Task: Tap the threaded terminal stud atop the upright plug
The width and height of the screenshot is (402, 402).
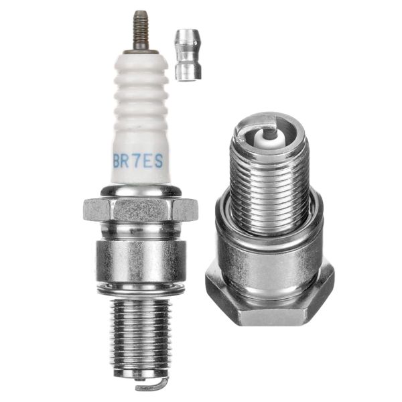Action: pyautogui.click(x=141, y=30)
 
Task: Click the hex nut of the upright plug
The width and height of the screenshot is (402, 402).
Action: pyautogui.click(x=141, y=208)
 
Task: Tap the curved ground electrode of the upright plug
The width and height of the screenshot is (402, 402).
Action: pyautogui.click(x=150, y=385)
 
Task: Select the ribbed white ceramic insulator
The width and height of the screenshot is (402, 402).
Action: pyautogui.click(x=140, y=114)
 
